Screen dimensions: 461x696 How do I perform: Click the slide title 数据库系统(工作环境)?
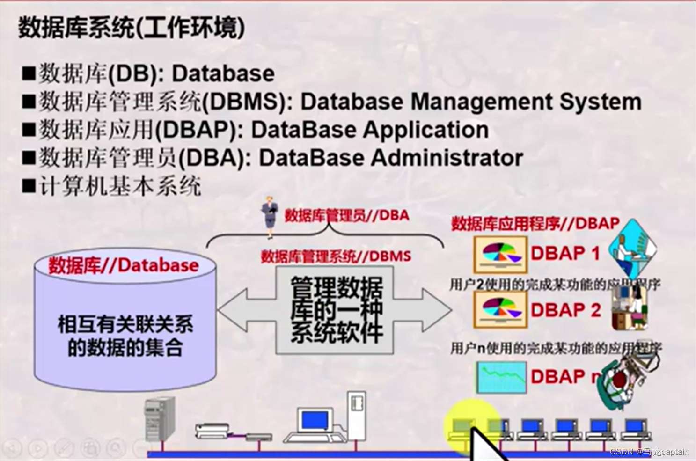pyautogui.click(x=132, y=28)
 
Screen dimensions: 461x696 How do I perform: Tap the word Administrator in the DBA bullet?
pyautogui.click(x=447, y=158)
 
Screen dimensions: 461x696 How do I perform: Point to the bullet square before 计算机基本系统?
pyautogui.click(x=29, y=186)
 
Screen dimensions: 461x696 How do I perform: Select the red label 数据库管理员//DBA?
pyautogui.click(x=347, y=215)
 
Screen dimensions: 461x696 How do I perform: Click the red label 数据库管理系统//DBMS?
pyautogui.click(x=336, y=256)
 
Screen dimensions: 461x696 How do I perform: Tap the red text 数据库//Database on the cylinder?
pyautogui.click(x=124, y=265)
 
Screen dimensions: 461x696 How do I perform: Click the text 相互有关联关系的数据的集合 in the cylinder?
pyautogui.click(x=125, y=336)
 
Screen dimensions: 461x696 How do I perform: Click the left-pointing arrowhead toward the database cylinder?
pyautogui.click(x=233, y=310)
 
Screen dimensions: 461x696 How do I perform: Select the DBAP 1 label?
pyautogui.click(x=565, y=253)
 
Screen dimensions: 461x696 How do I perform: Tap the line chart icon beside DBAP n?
pyautogui.click(x=501, y=377)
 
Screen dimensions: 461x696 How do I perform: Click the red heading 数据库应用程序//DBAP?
pyautogui.click(x=535, y=224)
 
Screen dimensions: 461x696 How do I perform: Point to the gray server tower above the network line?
pyautogui.click(x=160, y=419)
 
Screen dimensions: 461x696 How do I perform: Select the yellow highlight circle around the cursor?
pyautogui.click(x=470, y=421)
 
